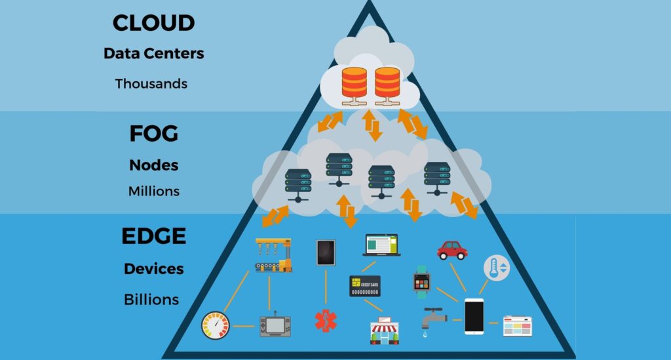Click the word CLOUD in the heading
pyautogui.click(x=153, y=23)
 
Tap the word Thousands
pyautogui.click(x=151, y=84)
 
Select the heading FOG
pyautogui.click(x=153, y=134)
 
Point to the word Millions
pyautogui.click(x=153, y=191)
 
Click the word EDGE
pyautogui.click(x=153, y=235)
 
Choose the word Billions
pyautogui.click(x=151, y=300)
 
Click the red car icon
pyautogui.click(x=452, y=250)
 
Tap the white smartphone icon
pyautogui.click(x=474, y=317)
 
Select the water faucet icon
pyautogui.click(x=433, y=319)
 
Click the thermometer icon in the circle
pyautogui.click(x=496, y=268)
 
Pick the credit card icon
pyautogui.click(x=365, y=286)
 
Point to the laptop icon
pyautogui.click(x=381, y=245)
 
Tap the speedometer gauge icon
pyautogui.click(x=216, y=325)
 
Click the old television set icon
pyautogui.click(x=275, y=324)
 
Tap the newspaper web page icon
pyautogui.click(x=518, y=326)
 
